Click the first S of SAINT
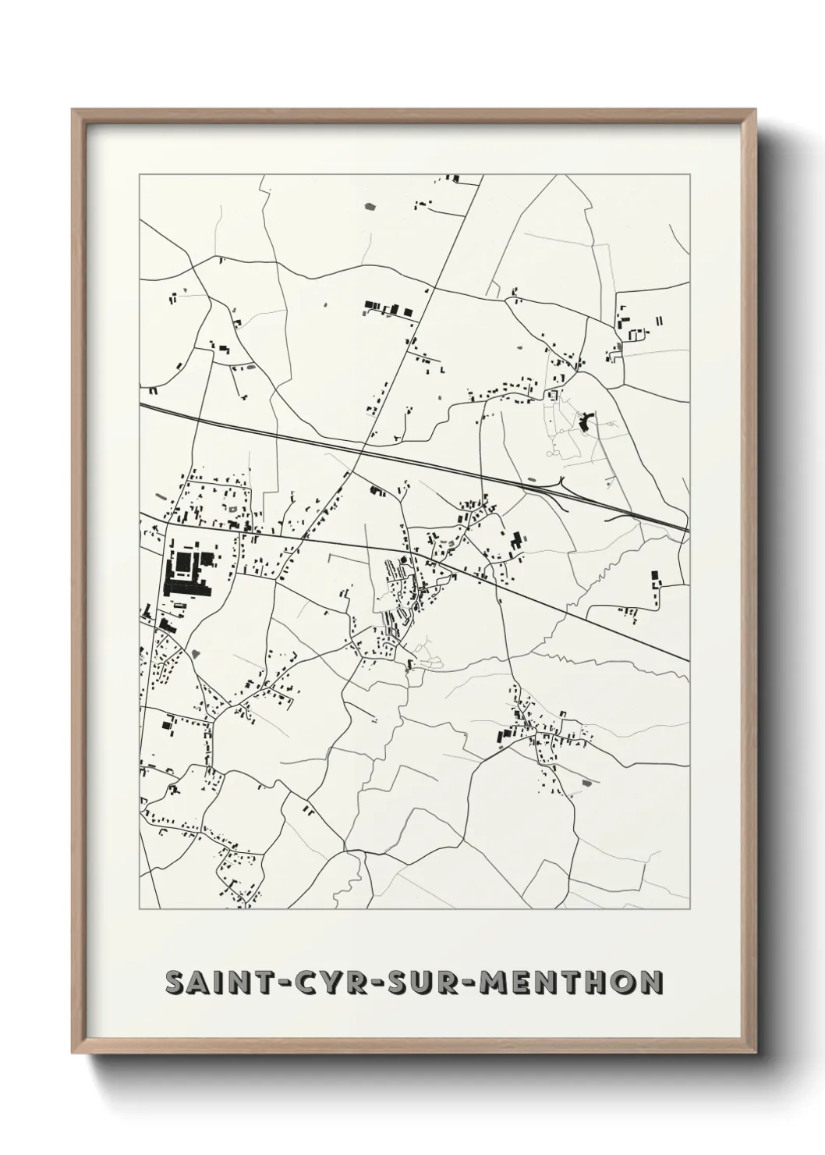[174, 983]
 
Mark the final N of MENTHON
[651, 983]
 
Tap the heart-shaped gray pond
[194, 652]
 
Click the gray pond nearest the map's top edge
[368, 207]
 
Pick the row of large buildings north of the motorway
[388, 308]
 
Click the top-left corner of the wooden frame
[73, 110]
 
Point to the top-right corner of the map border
[689, 175]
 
